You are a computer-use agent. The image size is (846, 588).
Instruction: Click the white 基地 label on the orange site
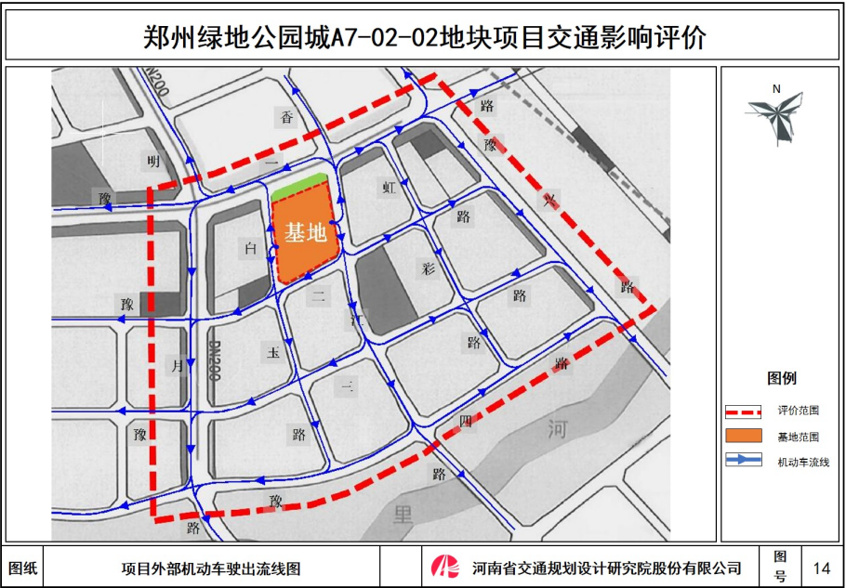coord(306,233)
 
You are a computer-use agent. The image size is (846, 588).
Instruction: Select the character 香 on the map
coord(287,117)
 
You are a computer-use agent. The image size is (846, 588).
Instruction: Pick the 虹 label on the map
coord(389,187)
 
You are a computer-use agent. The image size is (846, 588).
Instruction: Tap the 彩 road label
coord(429,269)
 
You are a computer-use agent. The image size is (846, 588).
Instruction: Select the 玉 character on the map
coord(273,353)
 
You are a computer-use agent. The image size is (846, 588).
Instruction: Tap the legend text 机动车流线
coord(802,461)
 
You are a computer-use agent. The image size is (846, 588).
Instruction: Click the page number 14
coord(821,568)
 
